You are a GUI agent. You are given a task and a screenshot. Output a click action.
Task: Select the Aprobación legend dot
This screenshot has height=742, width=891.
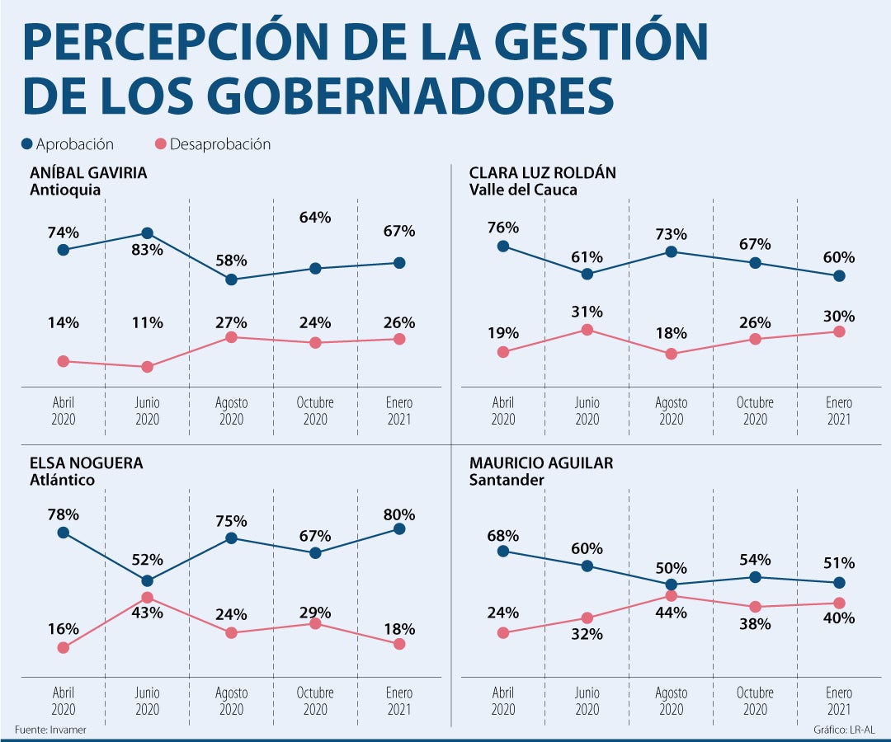pyautogui.click(x=26, y=144)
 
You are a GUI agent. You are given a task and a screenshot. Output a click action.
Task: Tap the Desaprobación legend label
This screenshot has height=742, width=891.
pyautogui.click(x=220, y=144)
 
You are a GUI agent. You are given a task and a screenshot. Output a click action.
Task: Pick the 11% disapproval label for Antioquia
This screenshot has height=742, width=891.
pyautogui.click(x=147, y=322)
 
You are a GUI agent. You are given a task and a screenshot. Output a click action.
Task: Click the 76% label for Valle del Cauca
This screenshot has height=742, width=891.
pyautogui.click(x=503, y=228)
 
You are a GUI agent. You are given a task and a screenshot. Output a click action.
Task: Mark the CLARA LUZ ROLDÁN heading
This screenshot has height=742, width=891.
pyautogui.click(x=542, y=173)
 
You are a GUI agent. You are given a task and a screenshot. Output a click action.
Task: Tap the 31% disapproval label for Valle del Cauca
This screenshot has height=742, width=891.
pyautogui.click(x=587, y=312)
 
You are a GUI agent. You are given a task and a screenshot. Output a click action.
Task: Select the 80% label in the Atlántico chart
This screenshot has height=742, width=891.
pyautogui.click(x=399, y=514)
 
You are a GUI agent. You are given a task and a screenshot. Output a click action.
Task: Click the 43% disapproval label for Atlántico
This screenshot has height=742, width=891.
pyautogui.click(x=147, y=613)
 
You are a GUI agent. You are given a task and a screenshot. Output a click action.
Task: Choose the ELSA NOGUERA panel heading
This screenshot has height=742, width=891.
pyautogui.click(x=86, y=463)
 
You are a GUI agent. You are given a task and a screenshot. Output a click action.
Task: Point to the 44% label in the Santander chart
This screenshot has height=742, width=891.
pyautogui.click(x=671, y=613)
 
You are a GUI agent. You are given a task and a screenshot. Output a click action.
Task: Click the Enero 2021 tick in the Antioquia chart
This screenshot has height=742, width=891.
pyautogui.click(x=399, y=411)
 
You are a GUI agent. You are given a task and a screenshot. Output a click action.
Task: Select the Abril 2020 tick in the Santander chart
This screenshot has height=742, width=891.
pyautogui.click(x=503, y=701)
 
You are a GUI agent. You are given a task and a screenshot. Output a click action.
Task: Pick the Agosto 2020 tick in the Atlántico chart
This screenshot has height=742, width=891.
pyautogui.click(x=231, y=701)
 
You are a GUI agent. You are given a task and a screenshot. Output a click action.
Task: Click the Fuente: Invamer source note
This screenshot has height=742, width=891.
pyautogui.click(x=50, y=730)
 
